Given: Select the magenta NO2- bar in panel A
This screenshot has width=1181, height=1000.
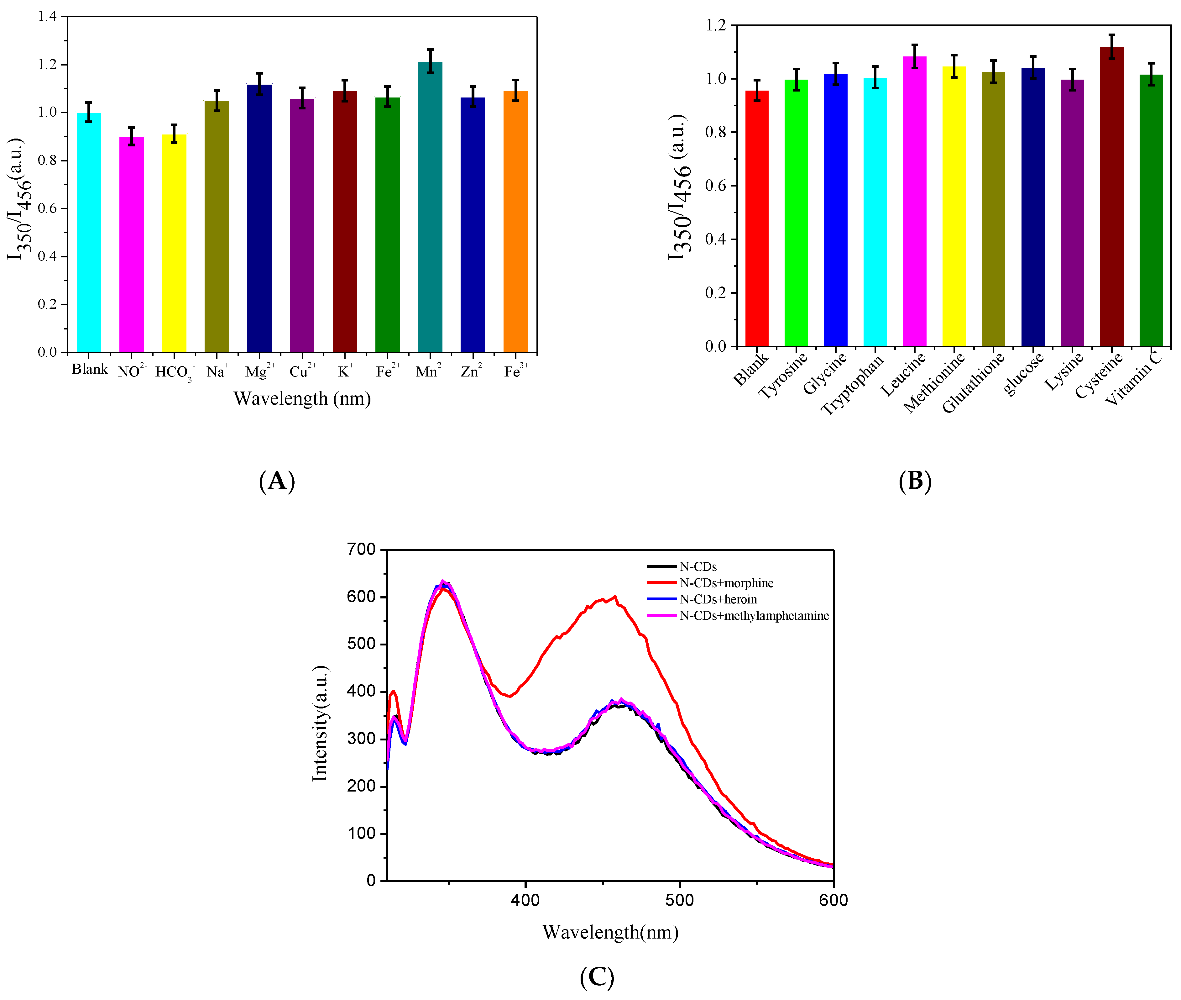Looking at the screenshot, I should (x=132, y=244).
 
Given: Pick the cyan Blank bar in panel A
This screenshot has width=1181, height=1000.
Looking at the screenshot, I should (x=89, y=232).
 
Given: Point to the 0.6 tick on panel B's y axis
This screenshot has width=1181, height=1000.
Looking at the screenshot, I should (x=715, y=186).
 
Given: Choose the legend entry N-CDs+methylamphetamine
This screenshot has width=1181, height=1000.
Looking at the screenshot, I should (x=754, y=616).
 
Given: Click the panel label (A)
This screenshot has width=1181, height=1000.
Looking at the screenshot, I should (x=277, y=481).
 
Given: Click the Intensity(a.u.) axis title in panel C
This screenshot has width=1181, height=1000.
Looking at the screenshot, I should (x=320, y=724).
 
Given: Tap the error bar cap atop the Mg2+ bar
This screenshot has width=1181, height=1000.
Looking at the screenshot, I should (x=259, y=73).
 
